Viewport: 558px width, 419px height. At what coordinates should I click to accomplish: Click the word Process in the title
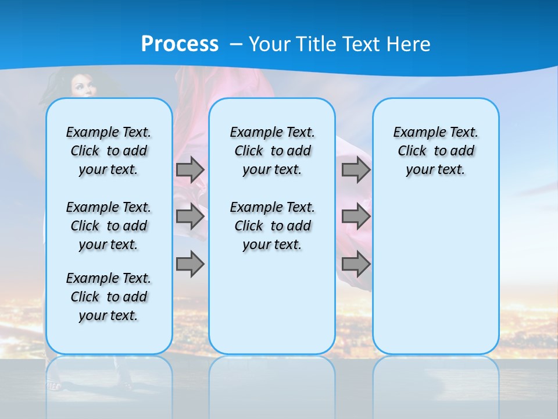point(180,44)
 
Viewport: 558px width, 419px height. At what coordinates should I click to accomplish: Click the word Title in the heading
point(316,44)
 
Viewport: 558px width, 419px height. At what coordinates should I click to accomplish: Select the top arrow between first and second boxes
point(190,169)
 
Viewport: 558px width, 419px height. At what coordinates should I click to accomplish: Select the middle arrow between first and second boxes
point(190,216)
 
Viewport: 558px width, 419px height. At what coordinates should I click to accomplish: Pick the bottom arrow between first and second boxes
point(190,264)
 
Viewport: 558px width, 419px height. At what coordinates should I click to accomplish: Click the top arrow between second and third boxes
point(356,169)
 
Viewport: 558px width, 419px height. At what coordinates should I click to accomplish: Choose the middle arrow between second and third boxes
point(356,216)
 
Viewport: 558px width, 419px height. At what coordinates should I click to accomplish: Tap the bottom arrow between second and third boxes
point(356,264)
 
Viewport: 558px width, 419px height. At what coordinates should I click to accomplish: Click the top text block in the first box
point(109,151)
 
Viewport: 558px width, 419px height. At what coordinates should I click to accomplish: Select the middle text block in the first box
point(109,226)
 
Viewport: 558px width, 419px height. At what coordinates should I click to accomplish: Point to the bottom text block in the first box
point(109,297)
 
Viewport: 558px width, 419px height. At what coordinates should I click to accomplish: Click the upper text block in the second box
point(272,151)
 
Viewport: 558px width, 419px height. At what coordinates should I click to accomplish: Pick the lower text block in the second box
point(272,226)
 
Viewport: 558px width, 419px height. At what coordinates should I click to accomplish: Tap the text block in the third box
point(436,151)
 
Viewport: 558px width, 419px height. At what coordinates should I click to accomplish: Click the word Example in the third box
point(414,132)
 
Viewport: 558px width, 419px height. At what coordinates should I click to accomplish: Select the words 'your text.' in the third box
point(436,169)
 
